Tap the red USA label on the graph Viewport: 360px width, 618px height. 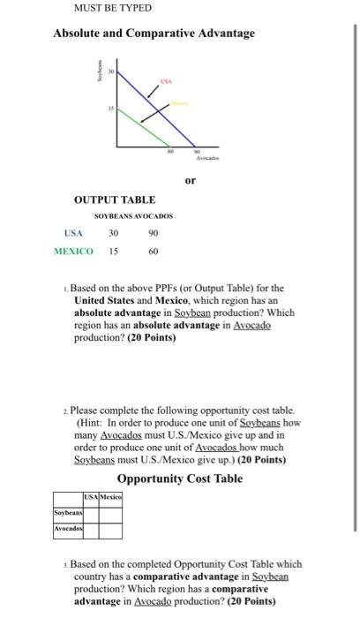[164, 78]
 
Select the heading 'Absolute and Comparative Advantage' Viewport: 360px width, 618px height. [154, 34]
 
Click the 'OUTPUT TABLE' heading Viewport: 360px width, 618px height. [115, 200]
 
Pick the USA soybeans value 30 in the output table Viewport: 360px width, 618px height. [113, 233]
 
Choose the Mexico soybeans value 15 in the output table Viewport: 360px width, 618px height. [113, 252]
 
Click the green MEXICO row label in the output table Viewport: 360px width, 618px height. [73, 252]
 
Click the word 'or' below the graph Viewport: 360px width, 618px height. [190, 181]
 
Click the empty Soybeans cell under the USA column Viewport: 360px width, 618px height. [90, 513]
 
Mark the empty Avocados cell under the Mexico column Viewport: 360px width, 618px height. [109, 531]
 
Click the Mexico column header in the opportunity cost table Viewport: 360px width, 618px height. [109, 499]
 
